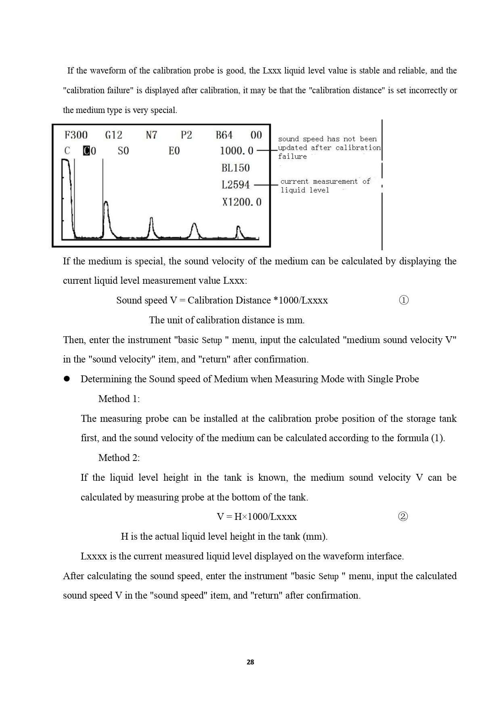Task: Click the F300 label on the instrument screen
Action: click(x=76, y=135)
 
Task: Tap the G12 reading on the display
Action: click(x=113, y=135)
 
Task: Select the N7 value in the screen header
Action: click(x=151, y=135)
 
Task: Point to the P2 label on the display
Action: click(x=186, y=135)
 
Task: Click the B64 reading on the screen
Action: click(x=224, y=135)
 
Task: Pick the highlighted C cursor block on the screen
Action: click(x=86, y=151)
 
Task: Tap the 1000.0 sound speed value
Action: click(x=237, y=151)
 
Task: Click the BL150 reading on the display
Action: click(x=236, y=168)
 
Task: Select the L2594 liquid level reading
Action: click(x=236, y=185)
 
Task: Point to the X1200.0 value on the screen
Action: click(x=242, y=202)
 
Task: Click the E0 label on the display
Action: click(x=174, y=151)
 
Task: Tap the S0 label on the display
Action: click(x=123, y=151)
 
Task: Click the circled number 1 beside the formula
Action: click(x=404, y=300)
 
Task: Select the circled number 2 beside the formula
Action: click(x=403, y=517)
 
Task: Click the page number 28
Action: click(x=250, y=662)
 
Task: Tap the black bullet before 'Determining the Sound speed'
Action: click(x=67, y=379)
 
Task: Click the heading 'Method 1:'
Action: click(x=119, y=399)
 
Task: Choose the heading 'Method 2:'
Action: click(x=119, y=458)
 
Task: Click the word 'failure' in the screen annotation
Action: click(x=292, y=157)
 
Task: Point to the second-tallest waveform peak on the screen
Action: click(x=106, y=204)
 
